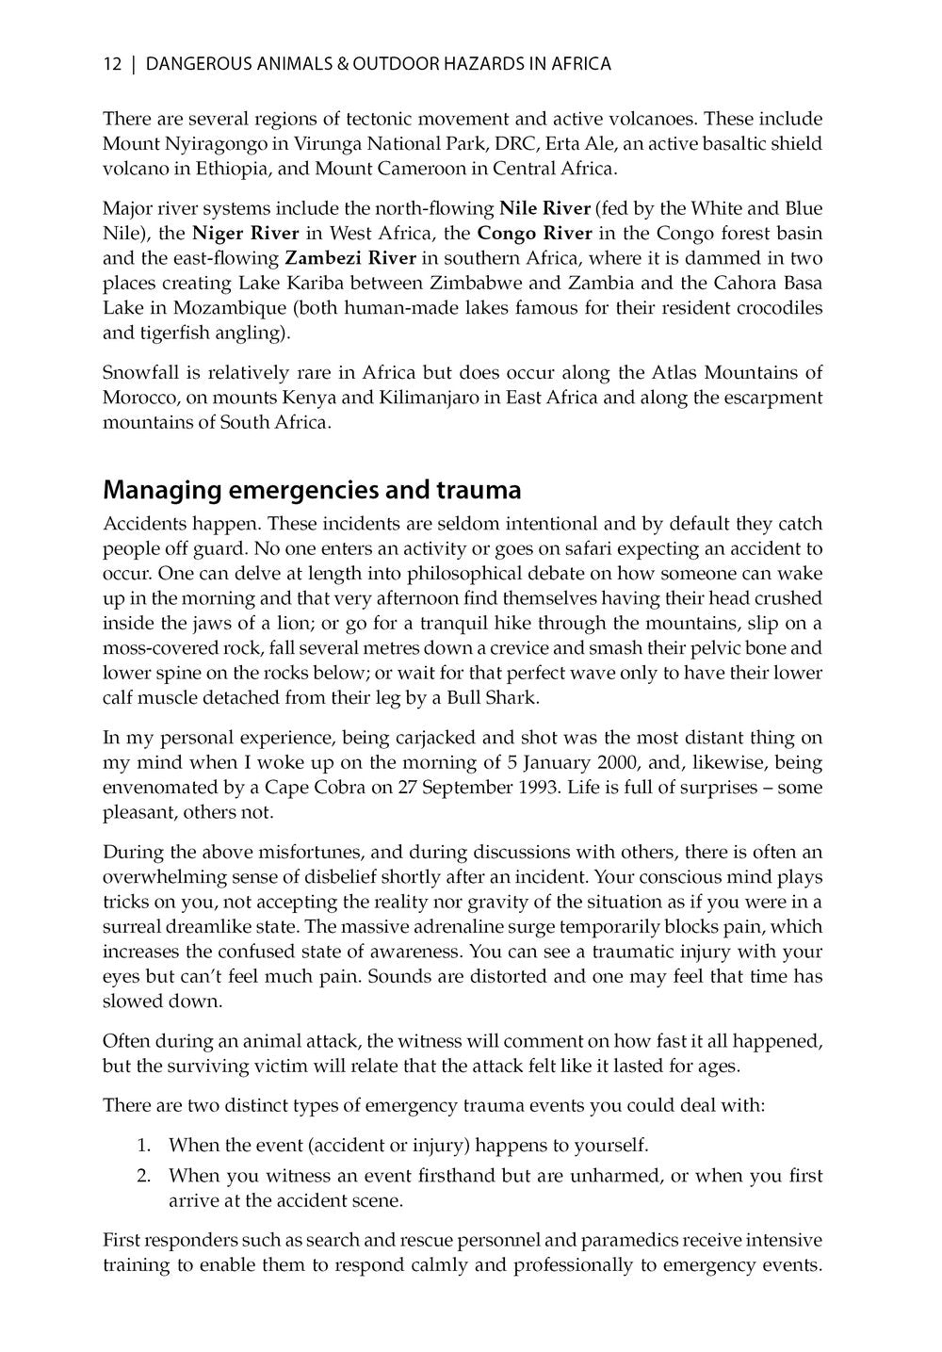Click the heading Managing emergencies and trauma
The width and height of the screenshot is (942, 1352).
(312, 491)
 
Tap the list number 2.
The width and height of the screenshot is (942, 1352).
(143, 1176)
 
